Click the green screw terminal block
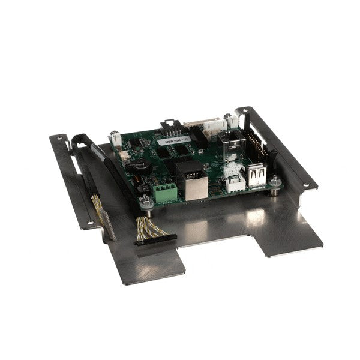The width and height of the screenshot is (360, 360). click(165, 191)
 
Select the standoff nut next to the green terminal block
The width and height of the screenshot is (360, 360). click(146, 200)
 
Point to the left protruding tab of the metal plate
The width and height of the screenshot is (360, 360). click(150, 264)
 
